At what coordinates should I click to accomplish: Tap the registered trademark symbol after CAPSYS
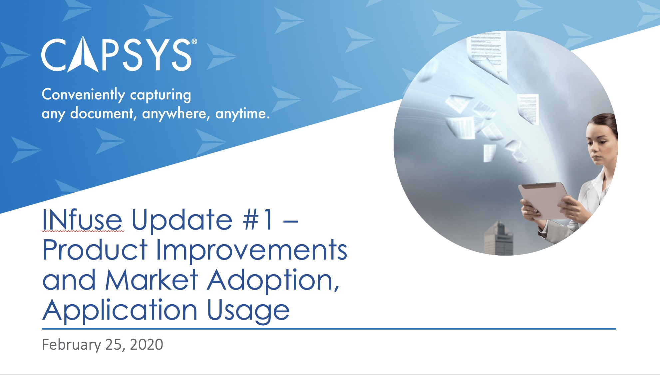194,42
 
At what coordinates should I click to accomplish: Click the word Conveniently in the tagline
83,95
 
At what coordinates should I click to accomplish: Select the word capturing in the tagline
161,95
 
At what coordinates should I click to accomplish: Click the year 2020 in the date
147,345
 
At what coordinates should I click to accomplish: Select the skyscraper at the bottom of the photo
498,238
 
